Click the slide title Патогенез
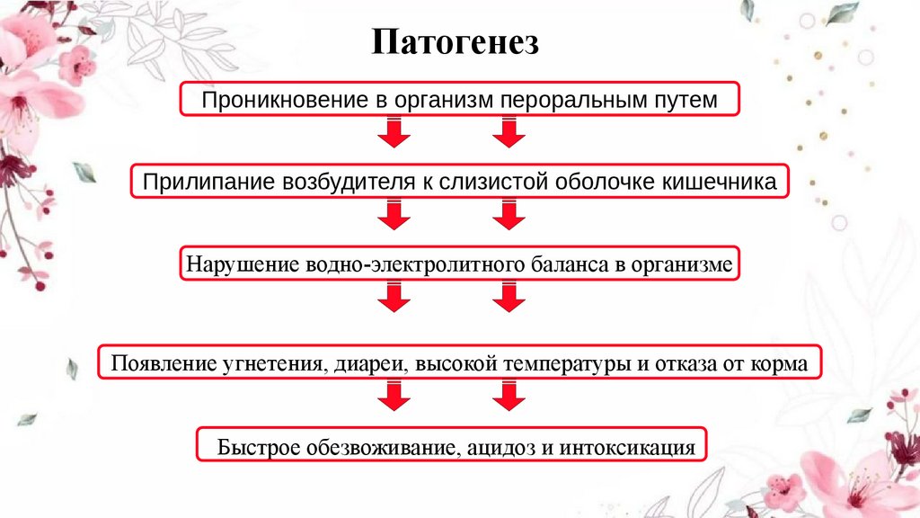[x=456, y=42]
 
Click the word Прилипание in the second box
[x=194, y=183]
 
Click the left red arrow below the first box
[x=393, y=133]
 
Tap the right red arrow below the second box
[x=509, y=216]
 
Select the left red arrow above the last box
[x=393, y=396]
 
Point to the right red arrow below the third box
[x=509, y=298]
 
